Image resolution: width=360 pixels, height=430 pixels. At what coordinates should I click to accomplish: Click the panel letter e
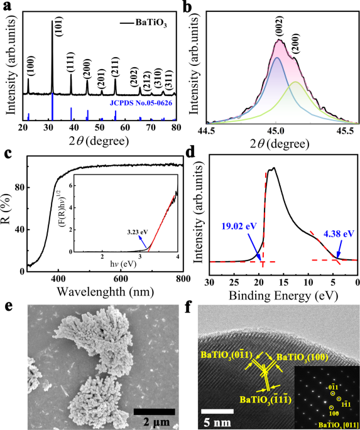(7, 306)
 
